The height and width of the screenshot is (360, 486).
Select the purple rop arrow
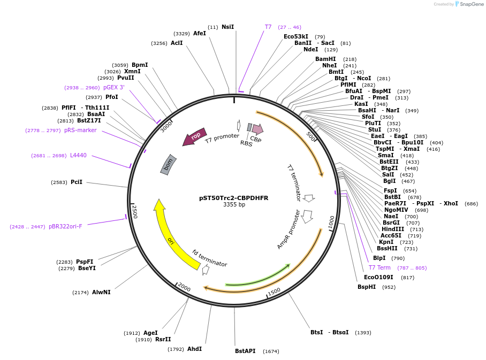click(195, 136)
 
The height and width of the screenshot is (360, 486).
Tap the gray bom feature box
click(169, 165)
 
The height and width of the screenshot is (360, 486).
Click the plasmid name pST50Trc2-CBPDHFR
click(234, 198)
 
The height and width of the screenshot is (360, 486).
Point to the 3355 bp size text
click(234, 205)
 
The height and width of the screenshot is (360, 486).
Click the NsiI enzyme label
click(227, 27)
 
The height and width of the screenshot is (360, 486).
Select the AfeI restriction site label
click(200, 33)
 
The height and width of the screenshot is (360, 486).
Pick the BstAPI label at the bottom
click(245, 351)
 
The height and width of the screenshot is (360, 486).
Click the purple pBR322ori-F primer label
click(65, 226)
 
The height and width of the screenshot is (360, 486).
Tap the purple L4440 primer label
click(78, 156)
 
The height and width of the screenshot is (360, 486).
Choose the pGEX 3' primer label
click(113, 87)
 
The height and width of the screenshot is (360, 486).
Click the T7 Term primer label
click(379, 267)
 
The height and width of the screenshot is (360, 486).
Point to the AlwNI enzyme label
click(101, 292)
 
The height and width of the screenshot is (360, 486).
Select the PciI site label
click(77, 182)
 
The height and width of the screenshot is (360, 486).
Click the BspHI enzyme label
click(367, 287)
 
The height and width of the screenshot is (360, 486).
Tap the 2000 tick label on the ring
click(184, 288)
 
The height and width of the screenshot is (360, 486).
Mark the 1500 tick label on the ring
click(274, 292)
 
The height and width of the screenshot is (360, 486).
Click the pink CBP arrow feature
click(257, 129)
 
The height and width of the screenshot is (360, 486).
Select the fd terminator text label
click(209, 258)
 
